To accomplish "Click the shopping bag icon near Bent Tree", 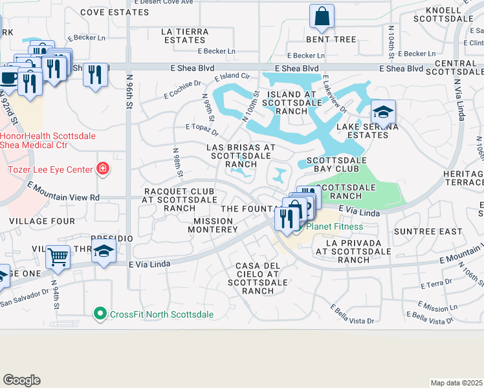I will pos(322,16).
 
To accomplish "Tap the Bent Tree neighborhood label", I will pos(336,39).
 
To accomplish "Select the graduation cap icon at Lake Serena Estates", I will pos(383,112).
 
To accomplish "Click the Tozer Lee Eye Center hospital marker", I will pos(102,169).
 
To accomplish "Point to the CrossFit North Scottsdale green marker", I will pos(100,314).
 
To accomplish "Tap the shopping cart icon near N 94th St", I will pos(58,257).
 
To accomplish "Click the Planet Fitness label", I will pos(334,226).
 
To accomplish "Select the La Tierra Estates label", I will pos(185,36).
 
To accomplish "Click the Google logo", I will pos(21,380).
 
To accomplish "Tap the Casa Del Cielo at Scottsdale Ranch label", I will pos(257,278).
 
